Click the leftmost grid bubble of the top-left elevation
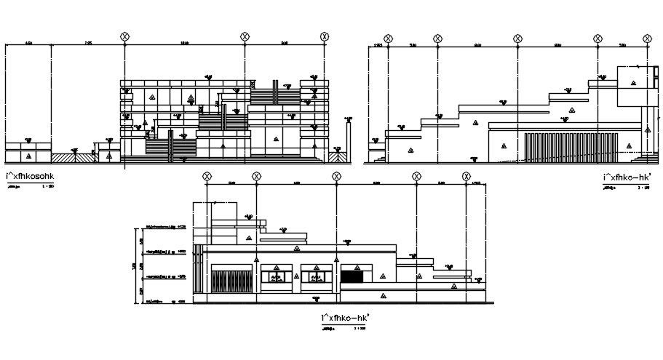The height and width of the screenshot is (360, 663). (x=125, y=36)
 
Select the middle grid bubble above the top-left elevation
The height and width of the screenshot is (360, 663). (x=244, y=36)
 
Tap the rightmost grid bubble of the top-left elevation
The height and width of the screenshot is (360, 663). (x=325, y=36)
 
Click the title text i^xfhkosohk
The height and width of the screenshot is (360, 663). (x=30, y=176)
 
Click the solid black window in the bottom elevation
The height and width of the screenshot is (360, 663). (x=352, y=276)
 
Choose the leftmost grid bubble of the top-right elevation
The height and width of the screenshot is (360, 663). (x=388, y=38)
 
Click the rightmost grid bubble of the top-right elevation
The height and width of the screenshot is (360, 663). (x=648, y=38)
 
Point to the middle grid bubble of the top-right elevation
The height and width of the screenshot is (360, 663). (x=517, y=38)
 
